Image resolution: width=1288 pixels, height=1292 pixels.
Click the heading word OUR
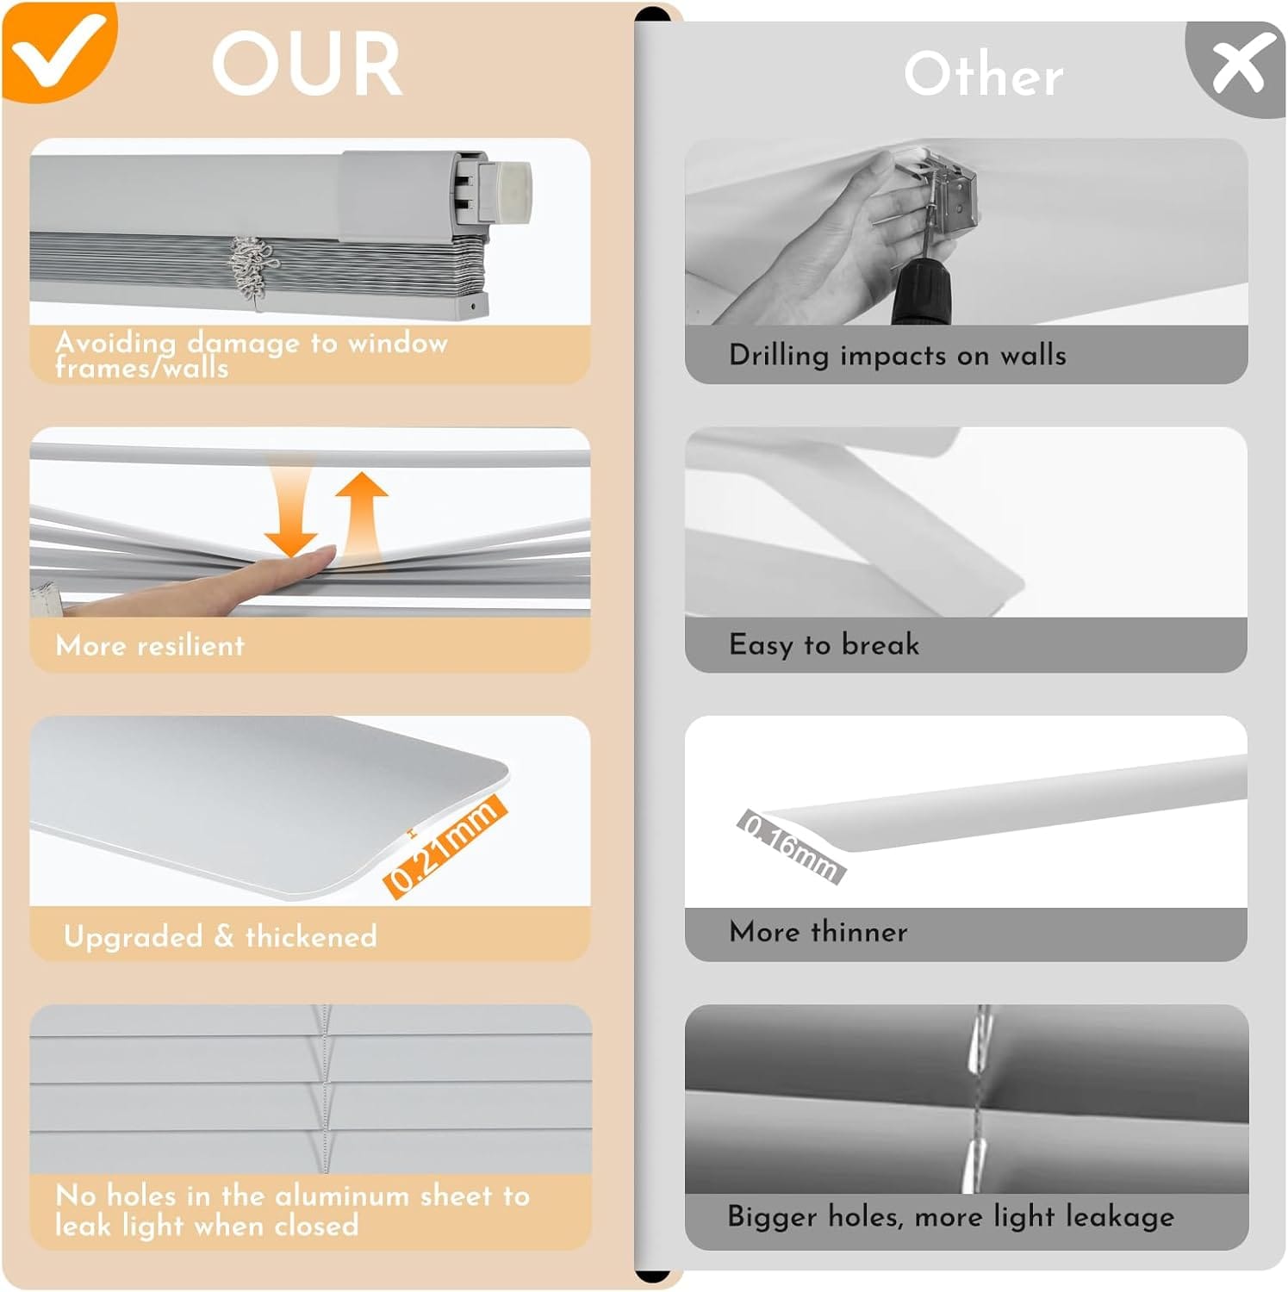[x=307, y=65]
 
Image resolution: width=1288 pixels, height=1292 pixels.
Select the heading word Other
[x=983, y=74]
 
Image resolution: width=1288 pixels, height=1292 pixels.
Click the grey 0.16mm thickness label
[x=791, y=847]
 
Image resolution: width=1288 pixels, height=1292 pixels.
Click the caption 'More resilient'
[x=150, y=645]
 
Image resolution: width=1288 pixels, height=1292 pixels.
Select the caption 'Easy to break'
[x=824, y=644]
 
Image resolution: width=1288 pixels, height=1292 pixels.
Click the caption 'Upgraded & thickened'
[x=221, y=936]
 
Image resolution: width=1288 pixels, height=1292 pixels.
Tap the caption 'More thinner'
[x=818, y=931]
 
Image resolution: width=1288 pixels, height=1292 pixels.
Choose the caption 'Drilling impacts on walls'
[x=898, y=355]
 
